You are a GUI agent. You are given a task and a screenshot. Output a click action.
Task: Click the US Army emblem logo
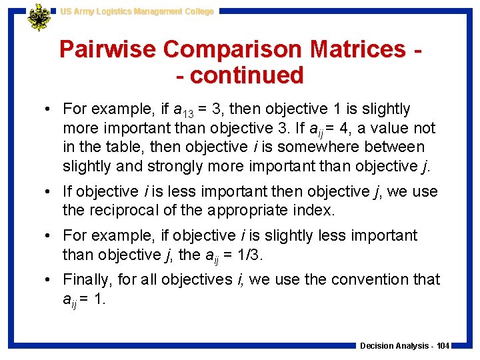[x=39, y=18]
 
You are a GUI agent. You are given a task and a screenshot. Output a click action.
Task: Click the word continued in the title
[x=247, y=75]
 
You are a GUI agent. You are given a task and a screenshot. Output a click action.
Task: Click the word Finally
[x=87, y=279]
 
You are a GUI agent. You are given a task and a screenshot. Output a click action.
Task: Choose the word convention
[x=375, y=279]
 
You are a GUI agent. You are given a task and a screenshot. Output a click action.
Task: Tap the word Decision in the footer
[x=377, y=346]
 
